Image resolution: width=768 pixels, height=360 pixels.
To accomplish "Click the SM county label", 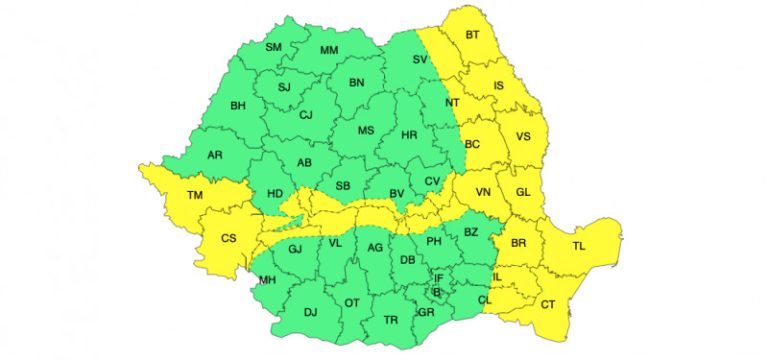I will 273,47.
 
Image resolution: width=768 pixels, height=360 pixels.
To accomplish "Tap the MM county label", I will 327,51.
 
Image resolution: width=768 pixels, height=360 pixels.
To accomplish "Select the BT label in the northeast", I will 473,35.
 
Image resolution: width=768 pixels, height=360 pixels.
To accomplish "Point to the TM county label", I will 196,195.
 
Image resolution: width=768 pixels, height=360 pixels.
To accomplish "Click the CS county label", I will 228,238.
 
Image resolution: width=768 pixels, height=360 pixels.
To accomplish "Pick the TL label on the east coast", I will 579,245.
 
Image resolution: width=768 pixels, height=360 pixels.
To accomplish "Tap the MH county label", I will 267,280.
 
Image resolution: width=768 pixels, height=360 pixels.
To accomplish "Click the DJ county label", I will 310,313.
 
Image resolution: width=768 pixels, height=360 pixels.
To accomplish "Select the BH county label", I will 238,105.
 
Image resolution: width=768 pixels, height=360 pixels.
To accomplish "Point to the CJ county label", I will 306,115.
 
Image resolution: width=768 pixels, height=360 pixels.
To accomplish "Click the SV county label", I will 420,60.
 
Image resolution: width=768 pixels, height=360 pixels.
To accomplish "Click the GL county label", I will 522,192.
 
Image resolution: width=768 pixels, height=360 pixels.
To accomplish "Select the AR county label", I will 214,155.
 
